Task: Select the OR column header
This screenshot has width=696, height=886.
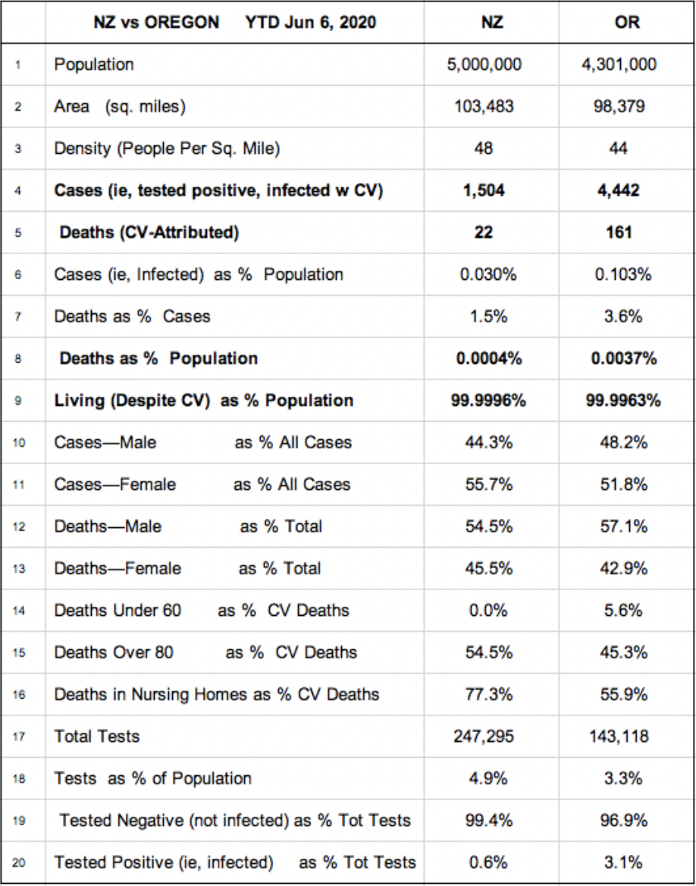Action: tap(627, 22)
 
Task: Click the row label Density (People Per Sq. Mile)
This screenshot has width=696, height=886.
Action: tap(167, 149)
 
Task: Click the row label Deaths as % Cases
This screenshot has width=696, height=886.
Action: tap(132, 316)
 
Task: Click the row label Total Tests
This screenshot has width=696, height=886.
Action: tap(96, 736)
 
